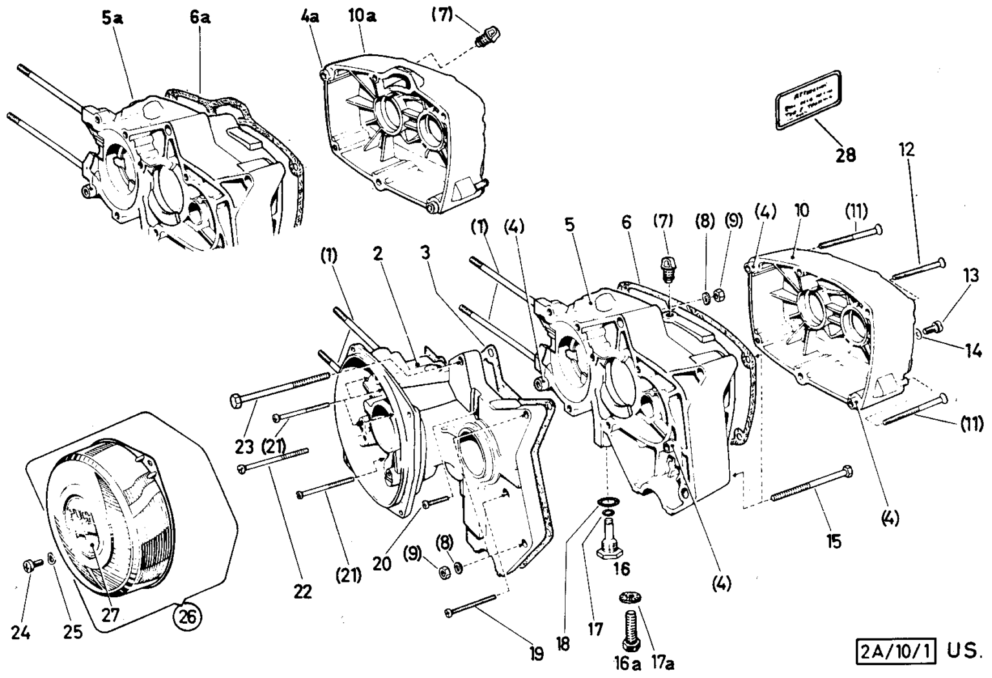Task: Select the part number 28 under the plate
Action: (845, 155)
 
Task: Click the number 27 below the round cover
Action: (110, 614)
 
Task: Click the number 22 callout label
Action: (302, 591)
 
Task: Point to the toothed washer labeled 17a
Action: (628, 598)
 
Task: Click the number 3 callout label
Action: (424, 252)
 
